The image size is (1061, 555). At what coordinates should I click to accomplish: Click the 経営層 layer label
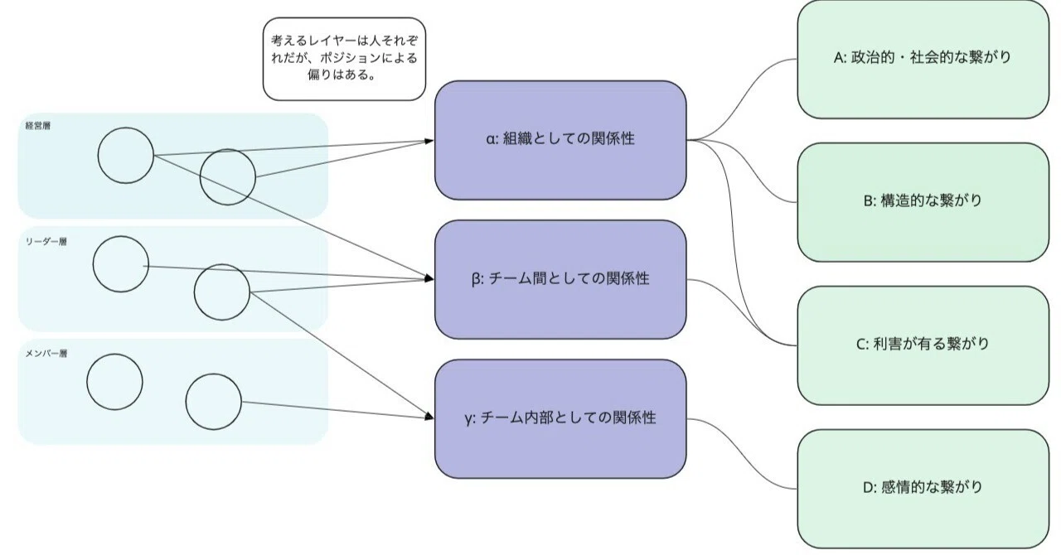38,125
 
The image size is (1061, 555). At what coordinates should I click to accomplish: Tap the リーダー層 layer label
46,242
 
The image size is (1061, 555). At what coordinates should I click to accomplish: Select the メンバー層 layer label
46,353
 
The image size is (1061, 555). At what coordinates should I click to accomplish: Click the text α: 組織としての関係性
560,139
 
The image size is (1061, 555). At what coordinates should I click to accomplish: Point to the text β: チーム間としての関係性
560,278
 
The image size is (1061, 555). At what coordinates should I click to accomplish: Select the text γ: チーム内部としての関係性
560,417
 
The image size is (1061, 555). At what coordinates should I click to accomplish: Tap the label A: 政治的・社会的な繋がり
923,57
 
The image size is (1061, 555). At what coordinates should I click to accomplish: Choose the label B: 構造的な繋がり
923,200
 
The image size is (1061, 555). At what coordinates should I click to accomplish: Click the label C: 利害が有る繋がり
923,343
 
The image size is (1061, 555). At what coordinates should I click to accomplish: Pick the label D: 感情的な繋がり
923,487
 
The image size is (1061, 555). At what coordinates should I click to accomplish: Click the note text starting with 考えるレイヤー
344,58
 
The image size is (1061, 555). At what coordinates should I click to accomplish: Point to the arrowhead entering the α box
429,141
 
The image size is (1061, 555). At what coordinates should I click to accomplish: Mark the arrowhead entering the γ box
429,417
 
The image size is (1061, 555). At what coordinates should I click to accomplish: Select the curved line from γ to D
742,454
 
